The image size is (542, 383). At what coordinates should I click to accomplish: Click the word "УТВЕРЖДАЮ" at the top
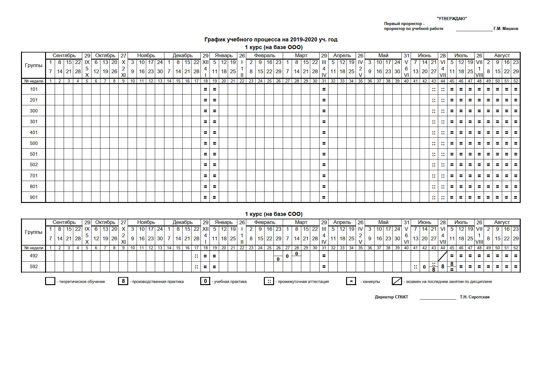click(x=452, y=19)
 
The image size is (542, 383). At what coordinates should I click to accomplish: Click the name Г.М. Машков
click(x=506, y=29)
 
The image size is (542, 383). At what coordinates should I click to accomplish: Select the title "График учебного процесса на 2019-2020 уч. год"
click(x=271, y=40)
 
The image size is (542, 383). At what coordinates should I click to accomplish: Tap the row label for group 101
click(x=34, y=89)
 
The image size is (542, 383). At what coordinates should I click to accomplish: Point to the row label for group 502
click(x=34, y=165)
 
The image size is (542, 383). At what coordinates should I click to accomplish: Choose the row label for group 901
click(x=34, y=197)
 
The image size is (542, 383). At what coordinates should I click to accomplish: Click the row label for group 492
click(x=34, y=256)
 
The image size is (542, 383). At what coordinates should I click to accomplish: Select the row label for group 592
click(x=34, y=267)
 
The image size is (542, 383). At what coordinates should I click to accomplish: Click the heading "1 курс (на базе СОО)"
click(x=274, y=214)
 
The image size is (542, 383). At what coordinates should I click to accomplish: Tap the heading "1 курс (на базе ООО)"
click(x=274, y=47)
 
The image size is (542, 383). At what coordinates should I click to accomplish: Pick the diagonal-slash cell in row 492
click(x=442, y=256)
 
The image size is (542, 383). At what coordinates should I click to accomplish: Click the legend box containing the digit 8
click(x=123, y=281)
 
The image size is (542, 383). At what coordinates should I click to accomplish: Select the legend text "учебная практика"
click(x=230, y=282)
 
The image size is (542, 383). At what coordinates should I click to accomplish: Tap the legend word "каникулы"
click(x=370, y=282)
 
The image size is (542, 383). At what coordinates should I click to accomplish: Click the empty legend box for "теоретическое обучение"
click(x=50, y=281)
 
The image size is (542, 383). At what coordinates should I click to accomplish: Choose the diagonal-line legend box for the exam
click(x=397, y=281)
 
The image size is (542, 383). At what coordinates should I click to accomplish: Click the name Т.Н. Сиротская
click(x=475, y=297)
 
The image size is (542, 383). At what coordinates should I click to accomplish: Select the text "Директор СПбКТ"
click(x=392, y=297)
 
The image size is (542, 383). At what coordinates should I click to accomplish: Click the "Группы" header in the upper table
click(x=34, y=65)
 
